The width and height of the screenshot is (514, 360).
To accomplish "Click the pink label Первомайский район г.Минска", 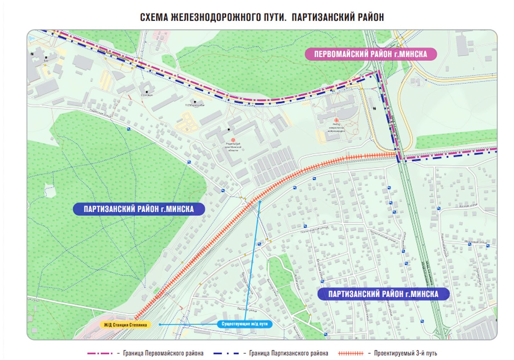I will [x=370, y=54].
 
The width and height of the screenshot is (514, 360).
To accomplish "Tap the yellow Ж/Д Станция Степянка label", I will [x=125, y=325].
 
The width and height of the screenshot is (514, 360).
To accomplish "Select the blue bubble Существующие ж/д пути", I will [x=244, y=324].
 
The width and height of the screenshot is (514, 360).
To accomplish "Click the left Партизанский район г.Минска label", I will [x=139, y=209].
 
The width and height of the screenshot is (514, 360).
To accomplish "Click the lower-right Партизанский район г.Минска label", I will [x=383, y=294].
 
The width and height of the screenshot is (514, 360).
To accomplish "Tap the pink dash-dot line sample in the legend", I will [x=100, y=353].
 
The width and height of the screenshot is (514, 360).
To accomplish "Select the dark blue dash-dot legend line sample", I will [x=226, y=353].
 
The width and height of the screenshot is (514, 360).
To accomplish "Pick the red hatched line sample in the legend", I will [x=351, y=353].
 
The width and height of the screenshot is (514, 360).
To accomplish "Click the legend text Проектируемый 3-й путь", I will [x=405, y=353].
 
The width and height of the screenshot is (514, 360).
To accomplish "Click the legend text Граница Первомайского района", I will [x=163, y=353].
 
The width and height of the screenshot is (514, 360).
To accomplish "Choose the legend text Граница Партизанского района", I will [x=288, y=353].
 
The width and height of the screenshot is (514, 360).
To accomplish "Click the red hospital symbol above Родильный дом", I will [x=233, y=140].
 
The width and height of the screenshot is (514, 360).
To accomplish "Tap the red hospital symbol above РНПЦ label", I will [x=336, y=120].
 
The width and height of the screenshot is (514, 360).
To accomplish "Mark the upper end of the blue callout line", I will [x=260, y=202].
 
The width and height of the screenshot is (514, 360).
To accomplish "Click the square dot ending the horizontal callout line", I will [x=160, y=324].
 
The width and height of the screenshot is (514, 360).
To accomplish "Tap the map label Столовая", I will [x=147, y=95].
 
